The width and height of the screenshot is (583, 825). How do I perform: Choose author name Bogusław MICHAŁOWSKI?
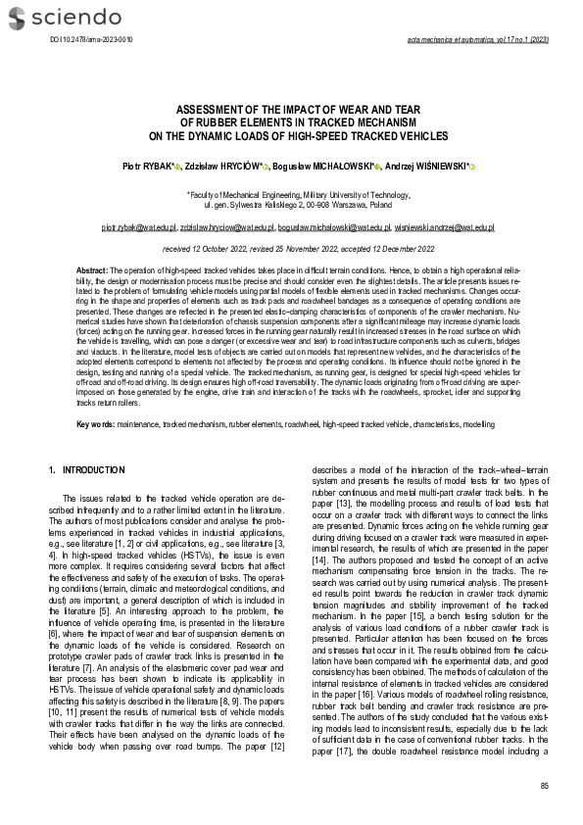tap(328, 168)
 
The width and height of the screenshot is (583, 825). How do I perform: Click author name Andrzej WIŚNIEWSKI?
tap(434, 168)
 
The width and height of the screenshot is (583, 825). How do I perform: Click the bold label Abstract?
tap(92, 268)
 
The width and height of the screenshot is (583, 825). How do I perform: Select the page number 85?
tap(544, 786)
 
